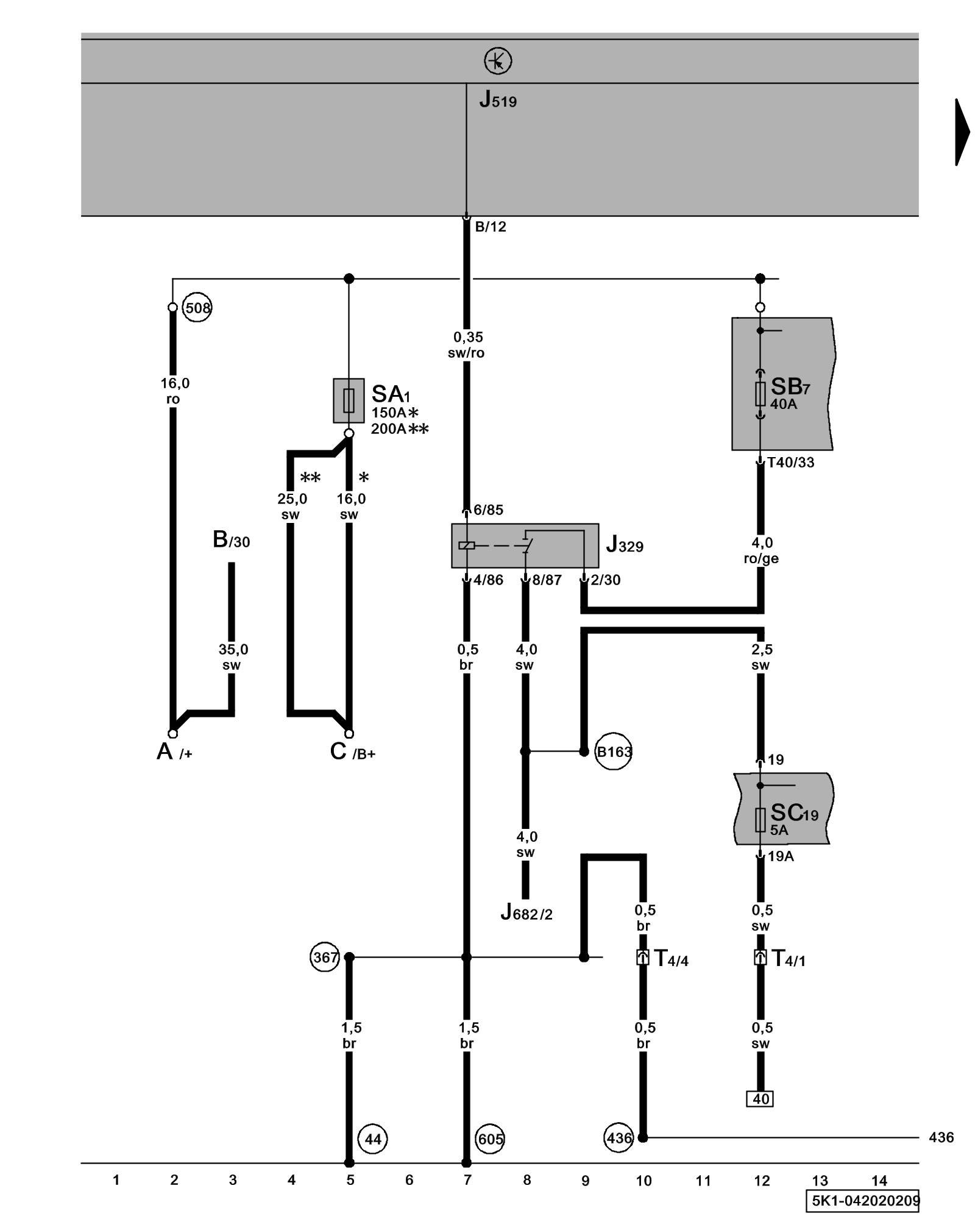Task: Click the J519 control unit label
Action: [x=498, y=99]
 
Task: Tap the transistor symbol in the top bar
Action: [x=498, y=62]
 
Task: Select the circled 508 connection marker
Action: [x=197, y=308]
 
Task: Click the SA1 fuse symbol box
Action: [x=349, y=400]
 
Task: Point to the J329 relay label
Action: [x=625, y=544]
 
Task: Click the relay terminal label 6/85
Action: [x=488, y=510]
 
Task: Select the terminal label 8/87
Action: [x=547, y=580]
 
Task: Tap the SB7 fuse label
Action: [x=790, y=387]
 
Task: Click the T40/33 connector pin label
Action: [x=790, y=463]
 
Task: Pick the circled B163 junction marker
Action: [x=613, y=752]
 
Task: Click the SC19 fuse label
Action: [x=793, y=813]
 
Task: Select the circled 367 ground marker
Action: [x=325, y=958]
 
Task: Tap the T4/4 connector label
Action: [x=671, y=959]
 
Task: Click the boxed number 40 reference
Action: [x=760, y=1098]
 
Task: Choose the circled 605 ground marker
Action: [x=491, y=1139]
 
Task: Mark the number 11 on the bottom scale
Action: [x=703, y=1181]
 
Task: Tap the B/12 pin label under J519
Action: [x=491, y=227]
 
